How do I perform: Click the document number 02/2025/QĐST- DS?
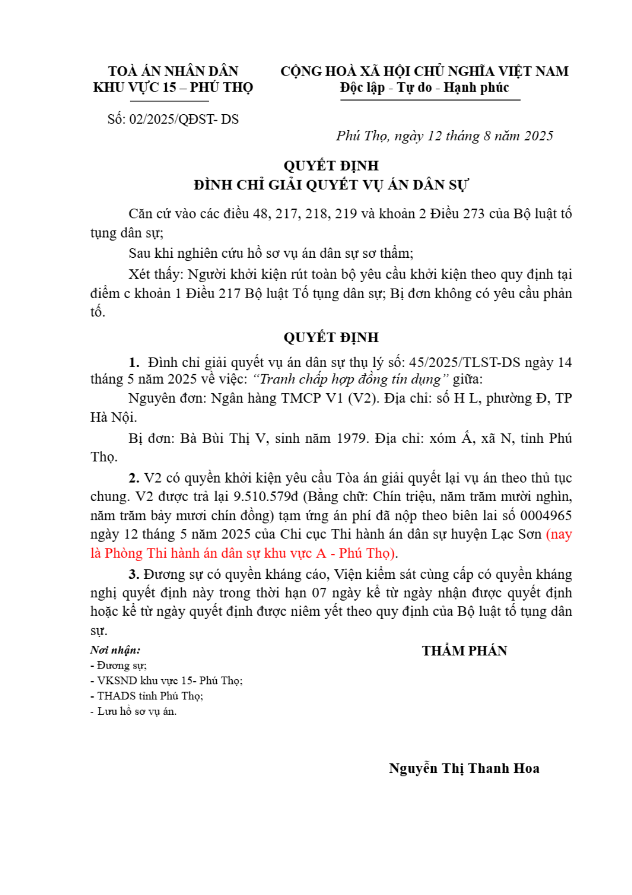tap(184, 119)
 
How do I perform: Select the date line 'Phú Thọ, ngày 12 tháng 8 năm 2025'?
tap(444, 136)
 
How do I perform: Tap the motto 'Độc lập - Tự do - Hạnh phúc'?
tap(424, 88)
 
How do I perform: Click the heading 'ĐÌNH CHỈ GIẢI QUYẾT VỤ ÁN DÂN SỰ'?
tap(330, 185)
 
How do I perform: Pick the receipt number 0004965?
tap(545, 516)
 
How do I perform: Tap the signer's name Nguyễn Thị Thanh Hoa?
tap(464, 769)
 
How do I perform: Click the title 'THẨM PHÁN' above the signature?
tap(464, 651)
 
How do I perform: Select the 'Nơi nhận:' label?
tap(115, 650)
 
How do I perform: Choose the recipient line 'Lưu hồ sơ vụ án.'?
tap(136, 711)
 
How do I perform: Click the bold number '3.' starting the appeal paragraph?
tap(134, 575)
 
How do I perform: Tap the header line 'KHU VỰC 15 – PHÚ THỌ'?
tap(173, 88)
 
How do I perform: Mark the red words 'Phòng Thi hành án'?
tap(160, 553)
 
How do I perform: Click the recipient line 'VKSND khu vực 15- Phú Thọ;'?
tap(169, 680)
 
